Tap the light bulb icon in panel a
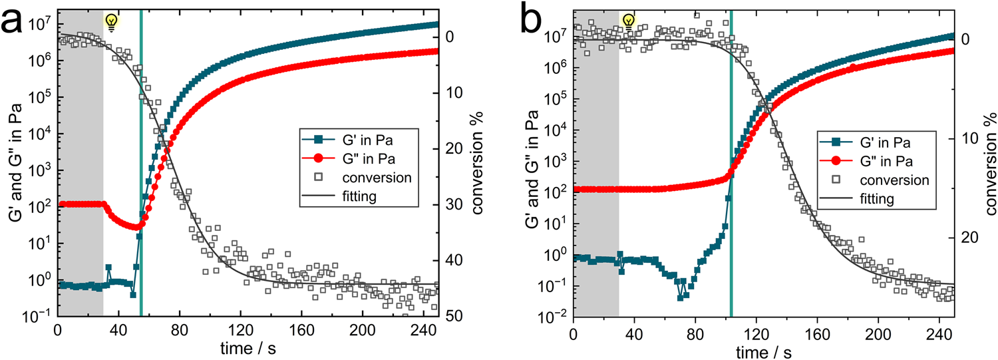click(112, 23)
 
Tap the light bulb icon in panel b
click(627, 23)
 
